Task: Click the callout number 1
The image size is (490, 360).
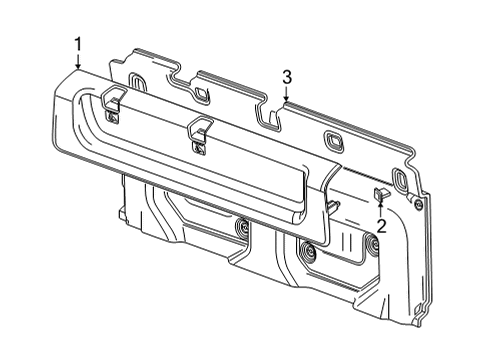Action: pos(77,42)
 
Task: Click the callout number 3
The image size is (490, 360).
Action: pos(286,76)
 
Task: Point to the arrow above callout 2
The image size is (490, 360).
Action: pos(380,207)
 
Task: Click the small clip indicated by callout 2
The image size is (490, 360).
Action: pos(381,192)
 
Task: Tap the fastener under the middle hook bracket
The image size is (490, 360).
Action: pos(201,148)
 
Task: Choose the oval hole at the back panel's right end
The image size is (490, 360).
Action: pos(400,181)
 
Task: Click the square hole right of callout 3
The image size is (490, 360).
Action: pos(331,138)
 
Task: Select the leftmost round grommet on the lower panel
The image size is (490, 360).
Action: pos(242,232)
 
